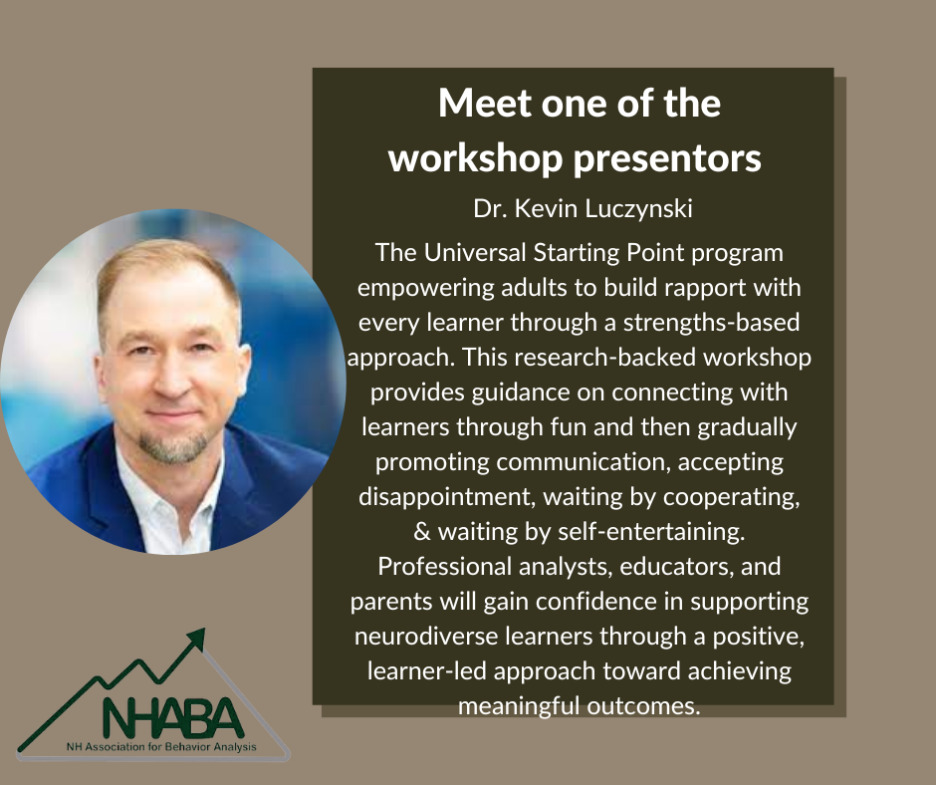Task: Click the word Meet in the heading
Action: point(485,104)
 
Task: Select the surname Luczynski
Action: point(638,209)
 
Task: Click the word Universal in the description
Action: point(475,253)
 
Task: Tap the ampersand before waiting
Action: point(422,532)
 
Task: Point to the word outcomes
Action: point(643,706)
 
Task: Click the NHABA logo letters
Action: point(173,717)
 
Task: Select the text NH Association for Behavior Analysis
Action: point(161,747)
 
